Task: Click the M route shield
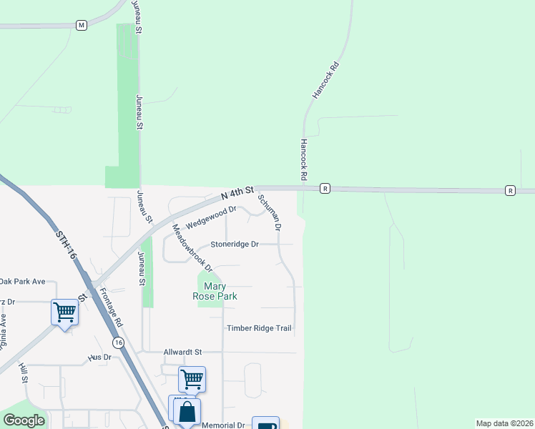(x=82, y=25)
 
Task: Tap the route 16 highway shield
(x=119, y=344)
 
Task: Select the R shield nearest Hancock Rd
(x=325, y=189)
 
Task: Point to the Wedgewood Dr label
(x=210, y=217)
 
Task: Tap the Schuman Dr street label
(x=269, y=212)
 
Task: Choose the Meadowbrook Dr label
(x=192, y=248)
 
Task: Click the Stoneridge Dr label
(x=234, y=244)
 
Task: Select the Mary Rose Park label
(x=215, y=290)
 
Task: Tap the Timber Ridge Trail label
(x=259, y=328)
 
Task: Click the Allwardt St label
(x=183, y=352)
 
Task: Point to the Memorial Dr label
(x=223, y=425)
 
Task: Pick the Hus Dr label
(x=100, y=356)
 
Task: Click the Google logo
(x=24, y=420)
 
